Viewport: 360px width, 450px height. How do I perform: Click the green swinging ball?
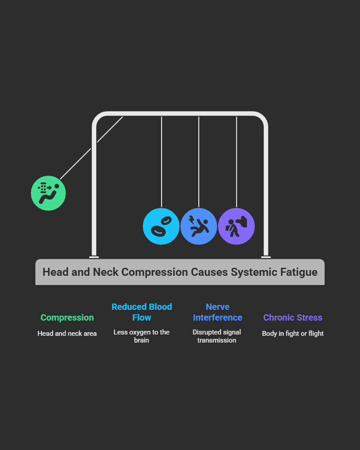48,193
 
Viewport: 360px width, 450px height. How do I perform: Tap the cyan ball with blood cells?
161,226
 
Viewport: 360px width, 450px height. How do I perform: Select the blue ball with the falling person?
199,226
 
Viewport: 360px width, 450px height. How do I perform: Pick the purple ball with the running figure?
236,226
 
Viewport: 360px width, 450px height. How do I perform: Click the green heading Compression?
67,317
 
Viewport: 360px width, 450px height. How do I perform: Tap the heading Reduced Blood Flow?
141,312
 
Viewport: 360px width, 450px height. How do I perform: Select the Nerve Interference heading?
217,312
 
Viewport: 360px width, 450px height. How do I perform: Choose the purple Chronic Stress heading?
293,317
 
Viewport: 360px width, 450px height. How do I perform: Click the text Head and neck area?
67,334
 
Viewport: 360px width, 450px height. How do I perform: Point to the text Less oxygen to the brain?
141,336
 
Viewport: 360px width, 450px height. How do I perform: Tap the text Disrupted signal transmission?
217,336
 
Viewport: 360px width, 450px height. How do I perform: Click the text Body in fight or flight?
293,334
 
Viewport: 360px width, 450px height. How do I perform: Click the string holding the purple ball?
236,161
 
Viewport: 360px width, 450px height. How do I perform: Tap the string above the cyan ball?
161,161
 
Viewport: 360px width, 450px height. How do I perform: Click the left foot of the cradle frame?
94,257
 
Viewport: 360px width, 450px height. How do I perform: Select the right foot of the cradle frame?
266,257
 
